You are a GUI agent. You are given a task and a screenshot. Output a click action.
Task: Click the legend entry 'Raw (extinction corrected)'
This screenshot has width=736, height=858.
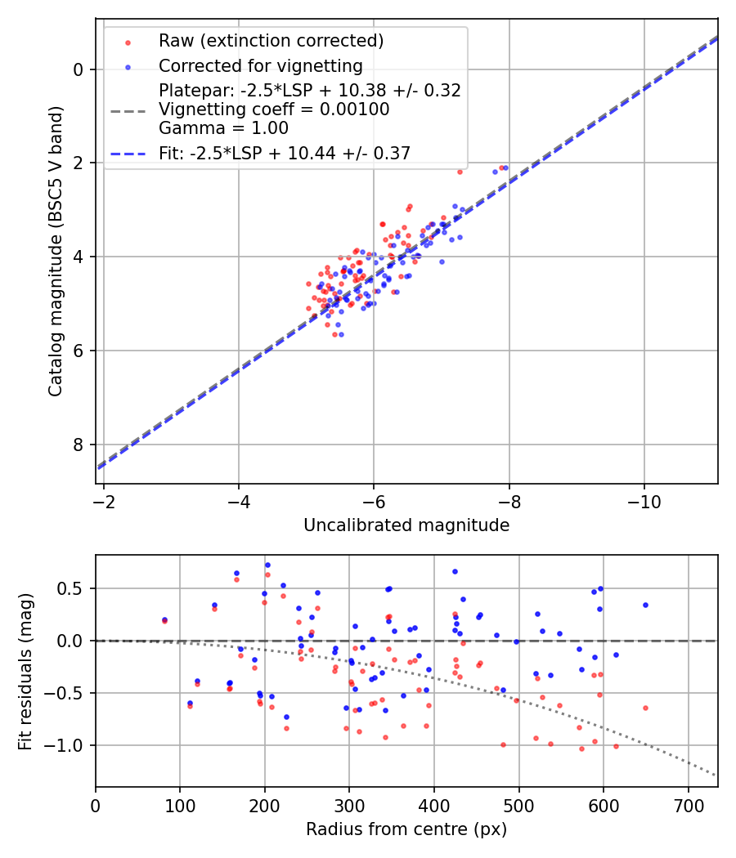click(271, 40)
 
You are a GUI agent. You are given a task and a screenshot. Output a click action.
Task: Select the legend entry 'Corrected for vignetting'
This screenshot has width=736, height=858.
click(260, 65)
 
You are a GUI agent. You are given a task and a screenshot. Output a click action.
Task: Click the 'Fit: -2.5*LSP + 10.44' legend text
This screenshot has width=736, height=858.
click(285, 152)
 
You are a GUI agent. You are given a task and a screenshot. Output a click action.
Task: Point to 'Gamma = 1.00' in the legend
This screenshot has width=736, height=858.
click(223, 127)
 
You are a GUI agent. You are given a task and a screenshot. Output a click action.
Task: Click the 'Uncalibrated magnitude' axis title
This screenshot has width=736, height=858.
click(406, 525)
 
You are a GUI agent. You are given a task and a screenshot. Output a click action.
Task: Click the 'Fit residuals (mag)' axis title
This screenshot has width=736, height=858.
click(25, 671)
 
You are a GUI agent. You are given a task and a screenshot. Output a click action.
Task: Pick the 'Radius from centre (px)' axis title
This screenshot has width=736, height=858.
click(406, 829)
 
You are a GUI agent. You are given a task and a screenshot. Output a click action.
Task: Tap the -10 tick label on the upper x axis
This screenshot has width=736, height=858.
click(644, 498)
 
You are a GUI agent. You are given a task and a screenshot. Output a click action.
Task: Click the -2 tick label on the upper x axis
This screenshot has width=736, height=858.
click(104, 498)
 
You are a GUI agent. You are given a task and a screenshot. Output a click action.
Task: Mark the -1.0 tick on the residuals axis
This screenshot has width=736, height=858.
click(68, 745)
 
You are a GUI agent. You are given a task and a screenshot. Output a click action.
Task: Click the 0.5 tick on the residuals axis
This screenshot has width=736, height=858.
click(73, 588)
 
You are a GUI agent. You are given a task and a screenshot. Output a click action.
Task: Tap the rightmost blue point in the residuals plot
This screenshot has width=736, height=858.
click(645, 605)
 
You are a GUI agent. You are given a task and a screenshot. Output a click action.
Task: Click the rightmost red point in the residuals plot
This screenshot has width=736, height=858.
click(645, 708)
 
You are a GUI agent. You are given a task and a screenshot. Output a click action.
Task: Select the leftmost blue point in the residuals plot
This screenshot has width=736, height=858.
click(164, 619)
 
